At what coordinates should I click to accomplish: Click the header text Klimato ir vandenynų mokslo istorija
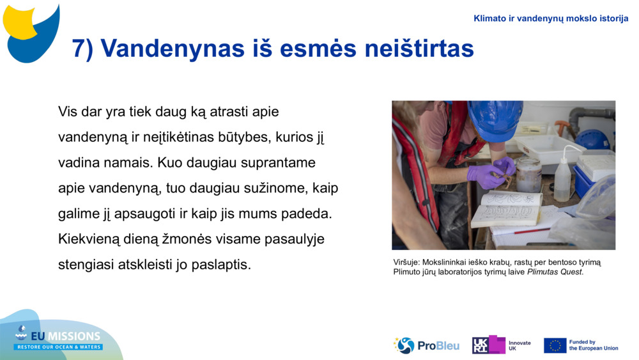click(x=551, y=19)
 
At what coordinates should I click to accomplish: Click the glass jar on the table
click(x=528, y=175)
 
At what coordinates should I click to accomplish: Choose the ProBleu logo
click(x=426, y=345)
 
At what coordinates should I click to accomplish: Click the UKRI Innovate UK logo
click(x=502, y=345)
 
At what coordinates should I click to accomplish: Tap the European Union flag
click(x=555, y=345)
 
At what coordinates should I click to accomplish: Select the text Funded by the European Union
click(x=593, y=345)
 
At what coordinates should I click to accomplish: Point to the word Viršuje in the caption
click(x=406, y=262)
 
